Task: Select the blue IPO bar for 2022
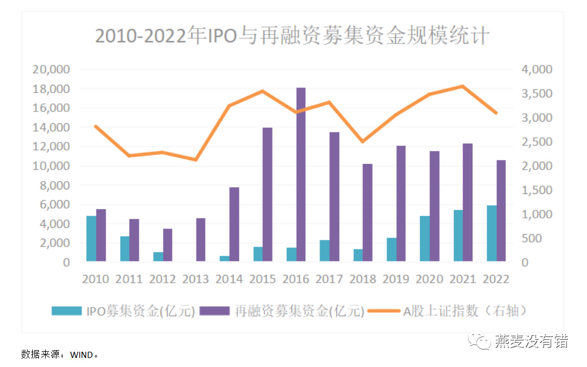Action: tap(492, 233)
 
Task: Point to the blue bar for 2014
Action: tap(225, 258)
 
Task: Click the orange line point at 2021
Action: tap(463, 86)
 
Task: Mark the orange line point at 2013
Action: tap(196, 160)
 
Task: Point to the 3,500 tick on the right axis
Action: tap(536, 94)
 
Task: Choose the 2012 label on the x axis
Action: tap(163, 279)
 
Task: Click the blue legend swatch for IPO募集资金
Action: tap(67, 310)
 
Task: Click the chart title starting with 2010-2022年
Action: tap(292, 36)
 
